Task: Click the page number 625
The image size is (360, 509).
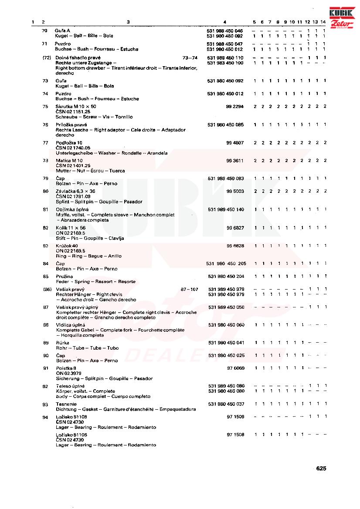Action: click(x=321, y=469)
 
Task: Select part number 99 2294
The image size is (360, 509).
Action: click(x=235, y=107)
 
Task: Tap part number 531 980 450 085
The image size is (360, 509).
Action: click(x=226, y=125)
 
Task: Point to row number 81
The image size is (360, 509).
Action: click(x=45, y=209)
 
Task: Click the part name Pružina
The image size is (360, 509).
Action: click(x=64, y=276)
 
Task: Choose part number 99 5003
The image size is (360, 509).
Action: click(x=235, y=191)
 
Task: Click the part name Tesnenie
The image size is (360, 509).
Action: click(x=66, y=404)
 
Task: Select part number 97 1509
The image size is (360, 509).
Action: click(x=235, y=417)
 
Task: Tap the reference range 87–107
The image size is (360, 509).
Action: click(x=189, y=290)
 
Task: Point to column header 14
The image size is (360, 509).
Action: click(x=323, y=22)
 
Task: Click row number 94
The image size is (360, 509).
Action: click(x=45, y=417)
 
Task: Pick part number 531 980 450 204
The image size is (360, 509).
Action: click(x=226, y=276)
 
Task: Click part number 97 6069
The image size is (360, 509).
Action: click(x=235, y=368)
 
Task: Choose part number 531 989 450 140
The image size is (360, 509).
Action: click(x=226, y=209)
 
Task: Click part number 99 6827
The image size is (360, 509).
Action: click(x=235, y=228)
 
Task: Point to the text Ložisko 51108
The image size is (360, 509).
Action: click(x=71, y=417)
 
